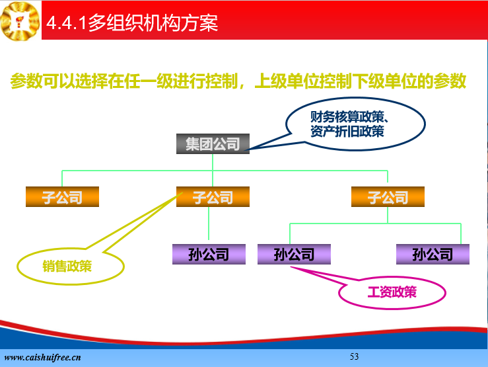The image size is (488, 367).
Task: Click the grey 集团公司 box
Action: (213, 143)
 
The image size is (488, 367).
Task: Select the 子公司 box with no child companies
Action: (62, 196)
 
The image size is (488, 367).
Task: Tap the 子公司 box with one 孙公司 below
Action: (213, 196)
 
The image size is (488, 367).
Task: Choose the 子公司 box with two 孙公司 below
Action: (388, 196)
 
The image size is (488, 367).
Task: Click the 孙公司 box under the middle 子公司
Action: (209, 254)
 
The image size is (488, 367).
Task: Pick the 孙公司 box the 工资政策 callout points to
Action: (294, 254)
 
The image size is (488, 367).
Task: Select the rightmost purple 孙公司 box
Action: (433, 254)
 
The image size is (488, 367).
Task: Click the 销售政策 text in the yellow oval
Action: (67, 266)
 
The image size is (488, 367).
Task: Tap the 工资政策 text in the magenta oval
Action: (392, 292)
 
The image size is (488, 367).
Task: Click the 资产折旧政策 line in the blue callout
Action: (347, 131)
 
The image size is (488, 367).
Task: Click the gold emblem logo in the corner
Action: (20, 21)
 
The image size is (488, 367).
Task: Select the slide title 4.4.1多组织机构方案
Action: (132, 22)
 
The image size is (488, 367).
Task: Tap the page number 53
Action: (354, 356)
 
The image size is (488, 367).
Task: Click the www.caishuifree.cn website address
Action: (43, 357)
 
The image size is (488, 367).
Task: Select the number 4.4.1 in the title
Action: (66, 23)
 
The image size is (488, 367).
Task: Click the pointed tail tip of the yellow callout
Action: (182, 193)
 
